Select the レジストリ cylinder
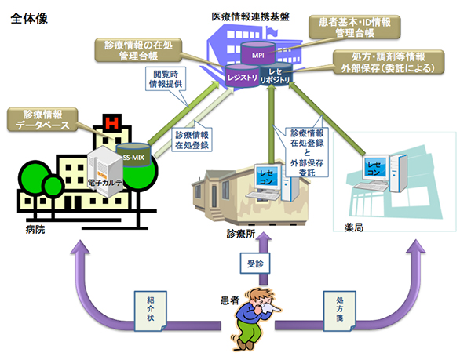pos(242,78)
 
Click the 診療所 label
pos(239,233)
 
